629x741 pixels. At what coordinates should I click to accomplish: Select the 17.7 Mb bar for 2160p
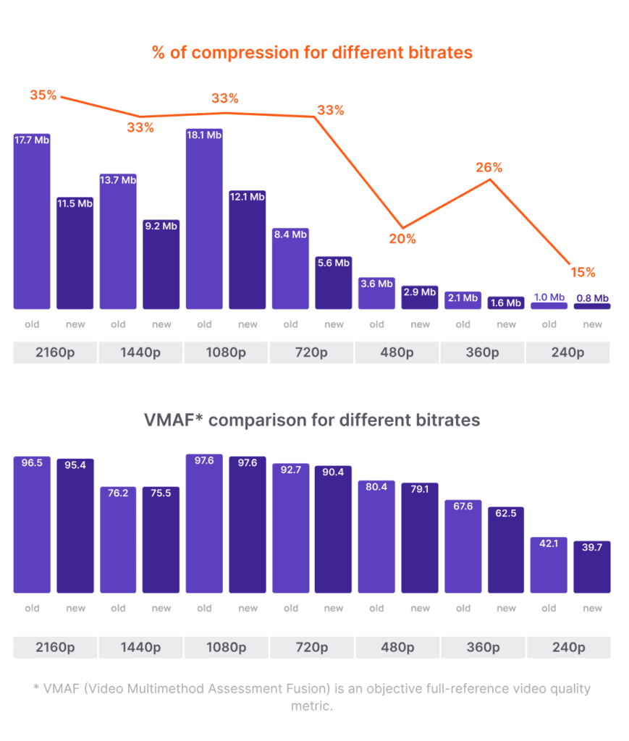[x=32, y=221]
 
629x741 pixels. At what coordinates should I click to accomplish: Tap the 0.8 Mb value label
[x=592, y=298]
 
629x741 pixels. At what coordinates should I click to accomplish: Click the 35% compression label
[x=43, y=95]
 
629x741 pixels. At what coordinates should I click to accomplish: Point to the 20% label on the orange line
[x=402, y=239]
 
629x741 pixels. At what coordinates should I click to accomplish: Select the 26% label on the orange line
[x=489, y=167]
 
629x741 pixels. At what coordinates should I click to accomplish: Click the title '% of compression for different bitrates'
[x=312, y=53]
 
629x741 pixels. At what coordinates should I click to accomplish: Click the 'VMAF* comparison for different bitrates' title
[x=312, y=420]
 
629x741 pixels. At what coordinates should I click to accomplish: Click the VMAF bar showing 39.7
[x=592, y=567]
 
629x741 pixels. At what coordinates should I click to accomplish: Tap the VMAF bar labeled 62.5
[x=506, y=550]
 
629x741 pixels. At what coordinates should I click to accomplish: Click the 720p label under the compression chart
[x=312, y=353]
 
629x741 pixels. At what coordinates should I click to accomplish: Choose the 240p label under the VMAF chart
[x=567, y=647]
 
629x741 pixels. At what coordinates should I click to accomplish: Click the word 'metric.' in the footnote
[x=312, y=705]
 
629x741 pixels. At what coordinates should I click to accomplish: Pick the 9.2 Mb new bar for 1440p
[x=161, y=264]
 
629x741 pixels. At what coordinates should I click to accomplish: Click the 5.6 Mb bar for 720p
[x=334, y=282]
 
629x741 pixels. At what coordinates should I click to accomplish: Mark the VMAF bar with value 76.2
[x=118, y=540]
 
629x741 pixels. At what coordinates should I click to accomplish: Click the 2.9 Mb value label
[x=420, y=292]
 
